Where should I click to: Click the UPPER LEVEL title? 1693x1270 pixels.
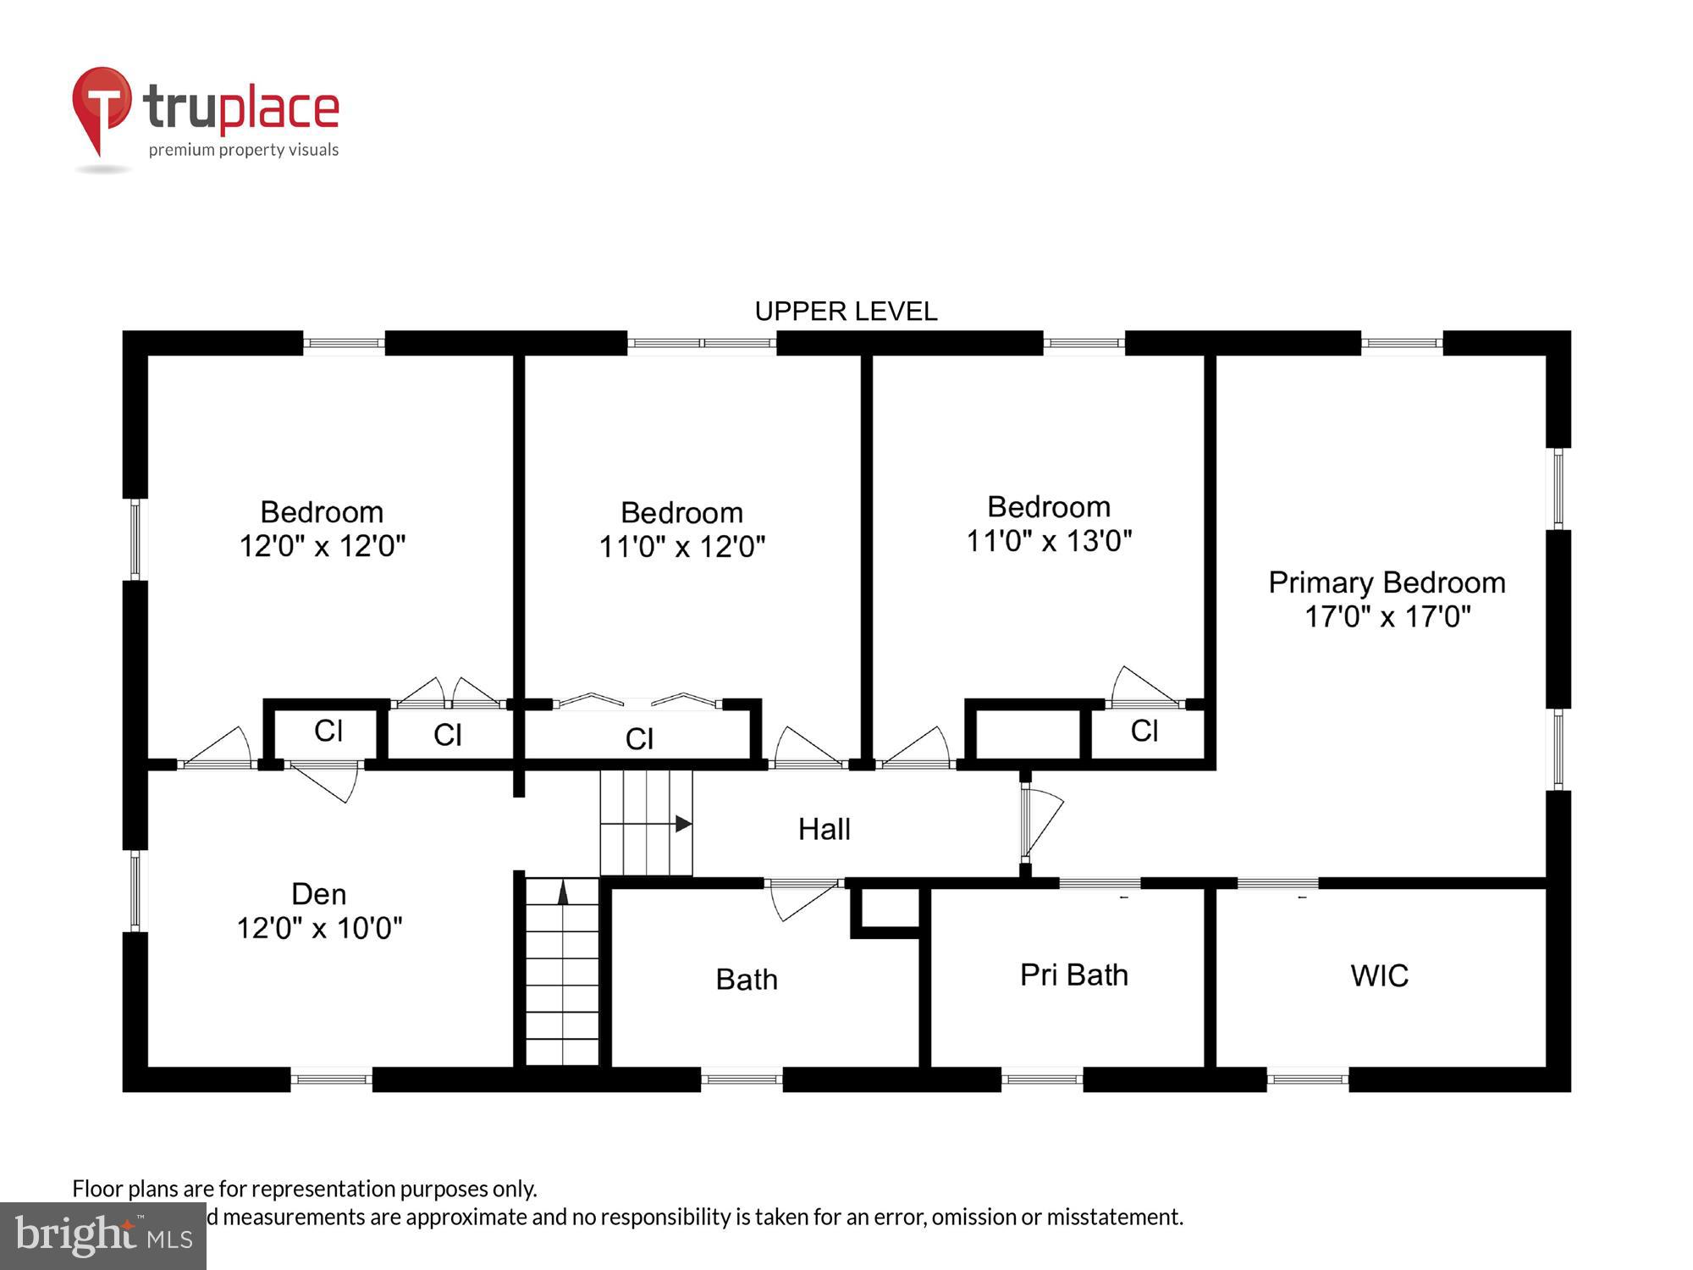[846, 312]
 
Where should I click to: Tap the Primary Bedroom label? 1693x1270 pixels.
[1387, 583]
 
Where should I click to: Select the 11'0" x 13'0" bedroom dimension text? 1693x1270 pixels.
[1049, 540]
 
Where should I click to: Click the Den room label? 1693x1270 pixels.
[318, 894]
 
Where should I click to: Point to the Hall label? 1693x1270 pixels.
[824, 829]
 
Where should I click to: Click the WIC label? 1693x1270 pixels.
[1379, 975]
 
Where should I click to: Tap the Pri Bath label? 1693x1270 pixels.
[1073, 975]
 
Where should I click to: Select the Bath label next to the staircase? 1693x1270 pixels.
[746, 980]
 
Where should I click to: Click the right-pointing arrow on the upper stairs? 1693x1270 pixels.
[683, 823]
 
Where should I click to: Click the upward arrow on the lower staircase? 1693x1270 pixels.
[563, 892]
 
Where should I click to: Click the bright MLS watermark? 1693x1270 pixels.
[102, 1236]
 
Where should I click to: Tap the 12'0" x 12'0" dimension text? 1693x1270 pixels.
[323, 546]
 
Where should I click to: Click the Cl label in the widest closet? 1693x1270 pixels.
[639, 739]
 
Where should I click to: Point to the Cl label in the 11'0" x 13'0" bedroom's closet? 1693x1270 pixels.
[1144, 731]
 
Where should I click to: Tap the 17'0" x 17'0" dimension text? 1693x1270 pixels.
[1387, 616]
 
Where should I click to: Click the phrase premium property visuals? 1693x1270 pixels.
[244, 150]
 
